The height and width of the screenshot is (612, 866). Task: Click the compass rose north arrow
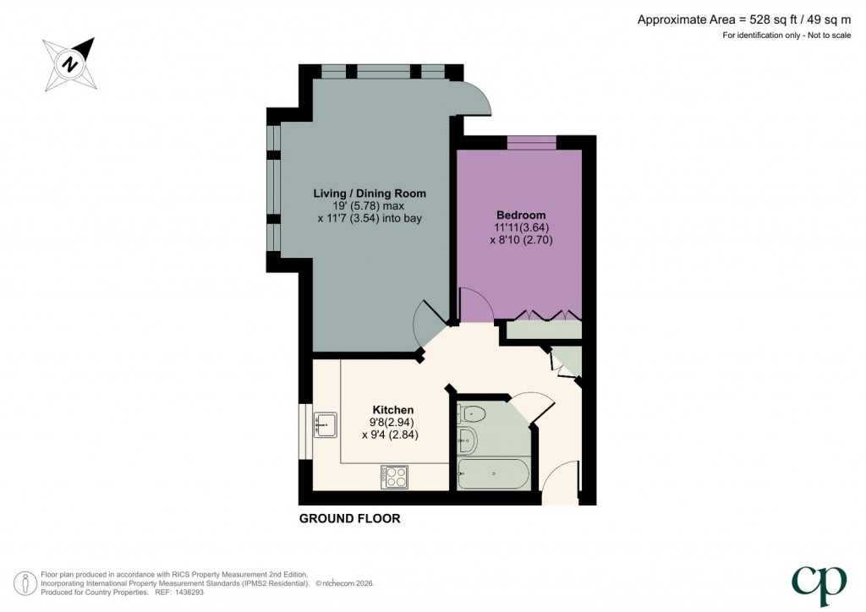point(71,63)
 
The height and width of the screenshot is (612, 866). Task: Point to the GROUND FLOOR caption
point(349,519)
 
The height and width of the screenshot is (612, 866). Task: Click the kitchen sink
point(325,423)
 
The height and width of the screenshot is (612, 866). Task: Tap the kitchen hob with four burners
point(394,477)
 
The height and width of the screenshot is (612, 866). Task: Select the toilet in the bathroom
point(471,414)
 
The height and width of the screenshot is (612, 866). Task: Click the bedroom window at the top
point(532,142)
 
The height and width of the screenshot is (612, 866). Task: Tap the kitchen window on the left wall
point(303,431)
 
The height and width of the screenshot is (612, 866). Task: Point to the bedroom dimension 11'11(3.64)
point(519,227)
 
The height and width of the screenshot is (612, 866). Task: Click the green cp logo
point(818,581)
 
